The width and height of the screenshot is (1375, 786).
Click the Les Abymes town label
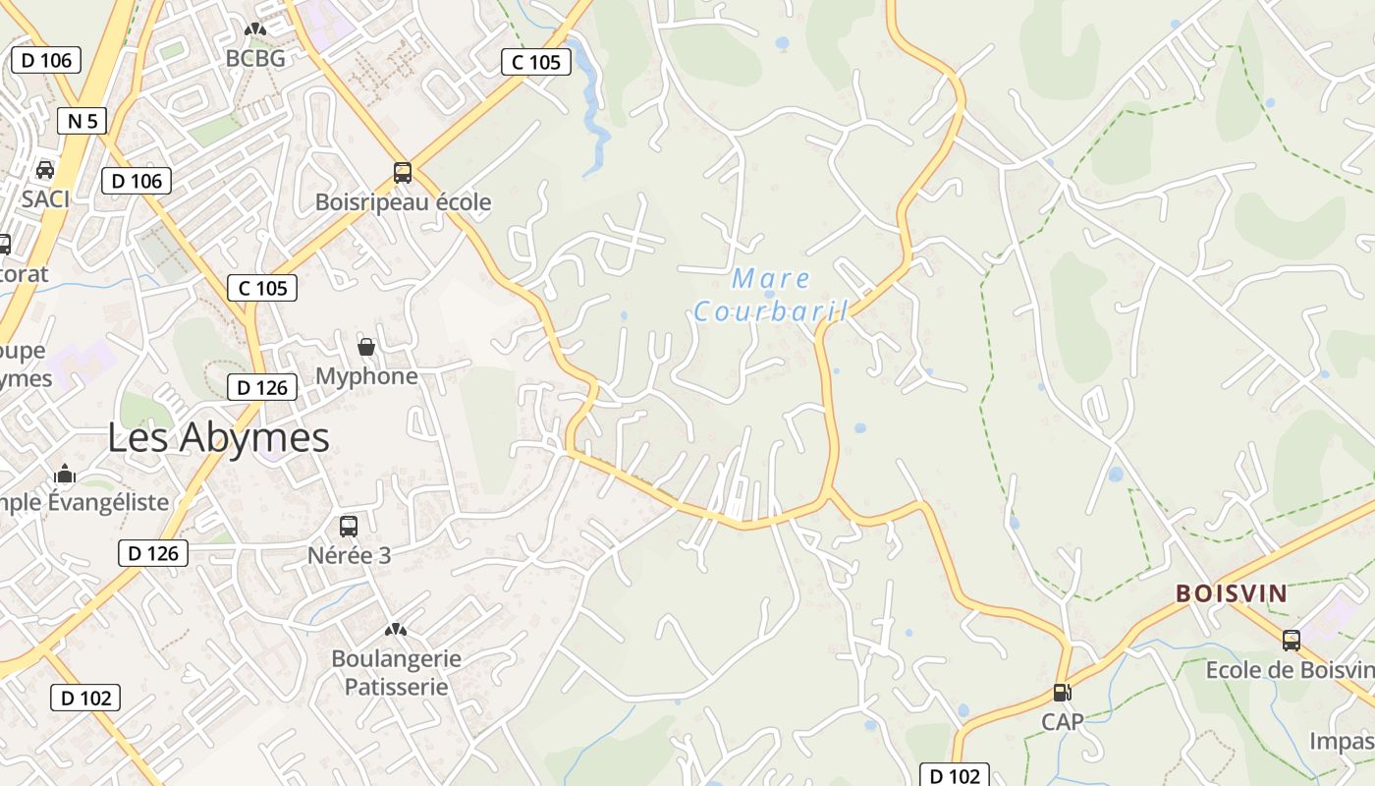pos(218,437)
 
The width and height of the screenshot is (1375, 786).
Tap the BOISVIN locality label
pos(1232,593)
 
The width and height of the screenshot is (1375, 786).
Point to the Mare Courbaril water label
pos(771,296)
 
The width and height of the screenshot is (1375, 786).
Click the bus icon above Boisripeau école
pos(403,173)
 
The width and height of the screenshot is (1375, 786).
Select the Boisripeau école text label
pos(403,202)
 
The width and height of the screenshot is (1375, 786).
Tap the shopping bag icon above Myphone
pos(366,347)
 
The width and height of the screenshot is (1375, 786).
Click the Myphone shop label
pos(366,376)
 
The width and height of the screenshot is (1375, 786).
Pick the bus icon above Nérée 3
pos(349,526)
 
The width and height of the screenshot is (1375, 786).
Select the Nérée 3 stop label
pos(350,555)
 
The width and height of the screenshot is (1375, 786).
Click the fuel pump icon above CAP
pos(1062,693)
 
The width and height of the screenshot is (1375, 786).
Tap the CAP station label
pos(1063,722)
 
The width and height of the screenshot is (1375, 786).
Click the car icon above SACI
pos(45,169)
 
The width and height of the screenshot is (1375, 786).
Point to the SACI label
pos(46,198)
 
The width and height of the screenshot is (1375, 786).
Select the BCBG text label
pos(255,59)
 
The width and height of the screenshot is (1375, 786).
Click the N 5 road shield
pos(82,121)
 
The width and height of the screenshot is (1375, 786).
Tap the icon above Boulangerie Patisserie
pos(396,629)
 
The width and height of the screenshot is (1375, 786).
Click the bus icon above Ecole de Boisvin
pos(1292,641)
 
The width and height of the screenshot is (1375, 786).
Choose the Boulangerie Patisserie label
pos(396,672)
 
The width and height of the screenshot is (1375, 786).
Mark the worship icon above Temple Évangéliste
pos(66,474)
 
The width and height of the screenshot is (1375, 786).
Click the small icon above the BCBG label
pos(255,30)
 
